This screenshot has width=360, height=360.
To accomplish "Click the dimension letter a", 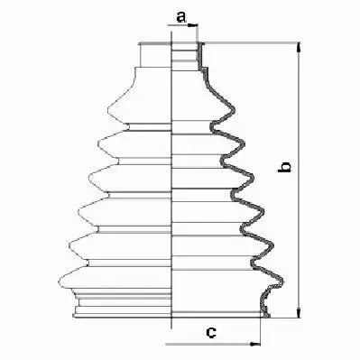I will click(181, 15).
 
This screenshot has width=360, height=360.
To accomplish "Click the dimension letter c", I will click(210, 333).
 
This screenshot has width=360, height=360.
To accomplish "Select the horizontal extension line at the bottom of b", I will click(284, 318).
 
